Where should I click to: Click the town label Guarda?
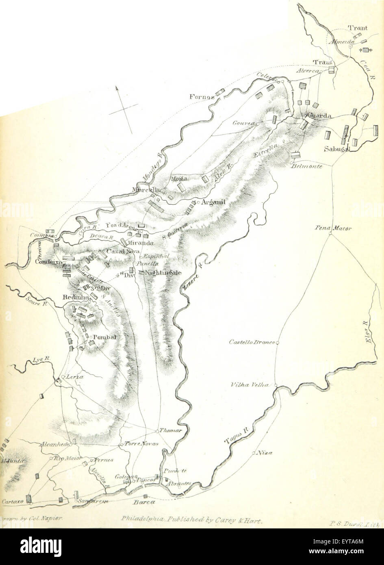coord(319,116)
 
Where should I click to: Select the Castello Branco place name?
coord(252,341)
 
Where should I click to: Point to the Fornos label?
coord(201,97)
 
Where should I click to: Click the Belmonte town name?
coord(306,167)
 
